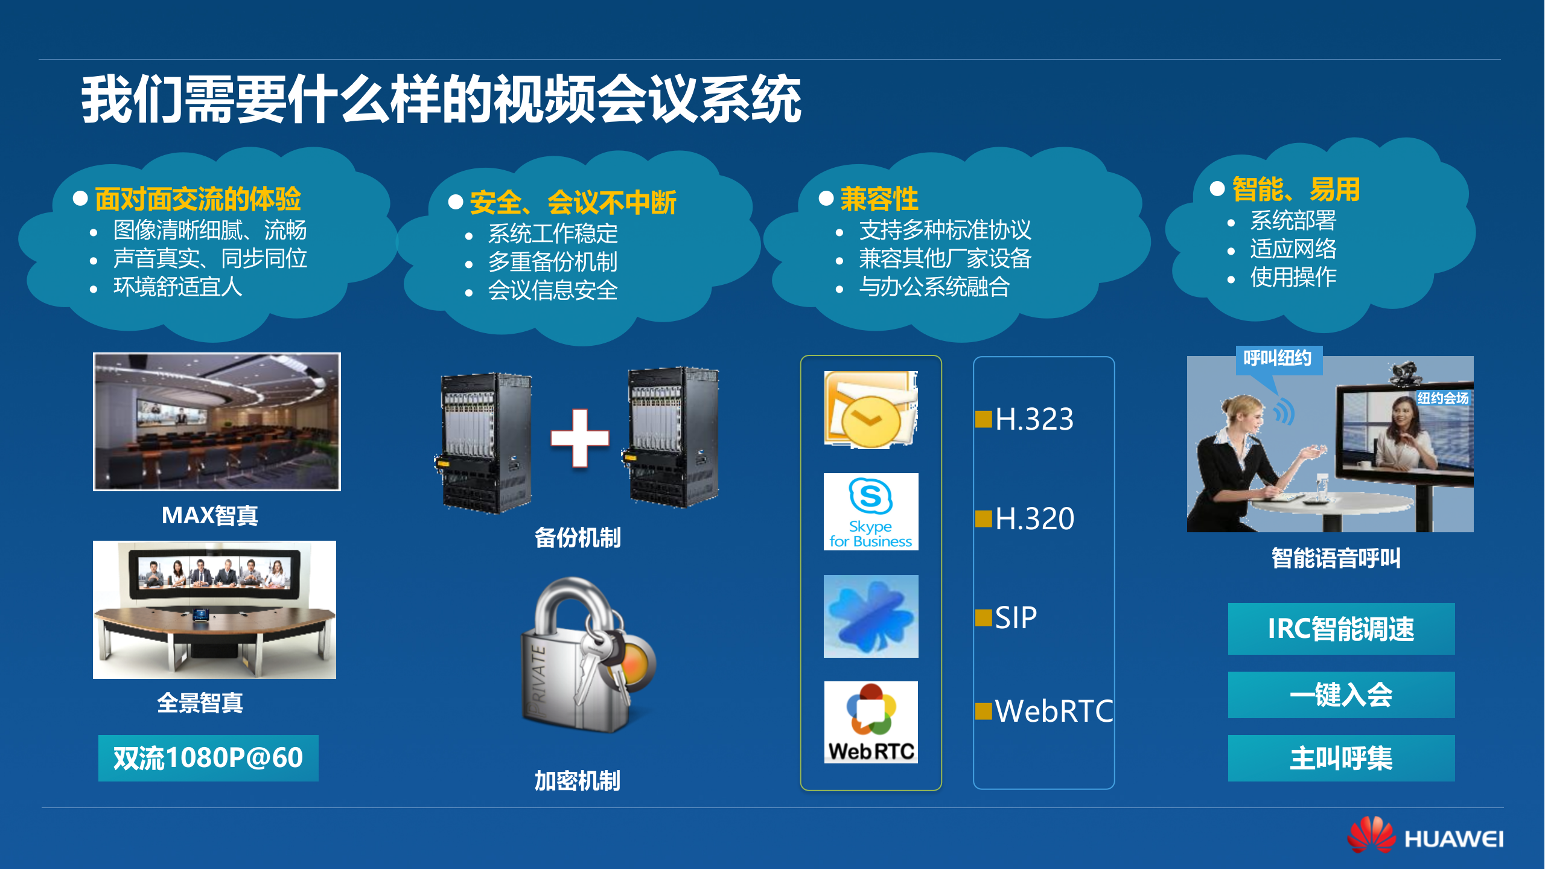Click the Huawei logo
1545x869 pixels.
[x=1425, y=836]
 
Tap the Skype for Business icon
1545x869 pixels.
[x=871, y=512]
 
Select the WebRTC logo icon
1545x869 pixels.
[x=871, y=722]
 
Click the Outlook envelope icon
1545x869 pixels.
[x=871, y=410]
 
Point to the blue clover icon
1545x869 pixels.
[x=871, y=616]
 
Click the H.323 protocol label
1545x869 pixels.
[x=1034, y=419]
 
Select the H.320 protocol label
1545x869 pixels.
[x=1034, y=518]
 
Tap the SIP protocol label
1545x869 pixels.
[x=1016, y=618]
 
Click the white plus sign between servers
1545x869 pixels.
[x=579, y=438]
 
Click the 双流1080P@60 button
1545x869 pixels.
[x=208, y=758]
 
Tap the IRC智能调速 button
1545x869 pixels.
[x=1341, y=629]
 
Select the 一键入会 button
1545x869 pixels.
[x=1341, y=695]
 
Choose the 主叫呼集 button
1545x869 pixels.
[x=1341, y=758]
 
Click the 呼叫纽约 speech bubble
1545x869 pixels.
[x=1278, y=359]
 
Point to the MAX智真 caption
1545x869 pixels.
[x=210, y=515]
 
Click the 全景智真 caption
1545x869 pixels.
[x=200, y=703]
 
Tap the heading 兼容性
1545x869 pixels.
[x=879, y=199]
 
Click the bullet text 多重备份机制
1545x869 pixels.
[x=552, y=262]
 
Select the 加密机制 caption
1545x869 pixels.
[x=578, y=781]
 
